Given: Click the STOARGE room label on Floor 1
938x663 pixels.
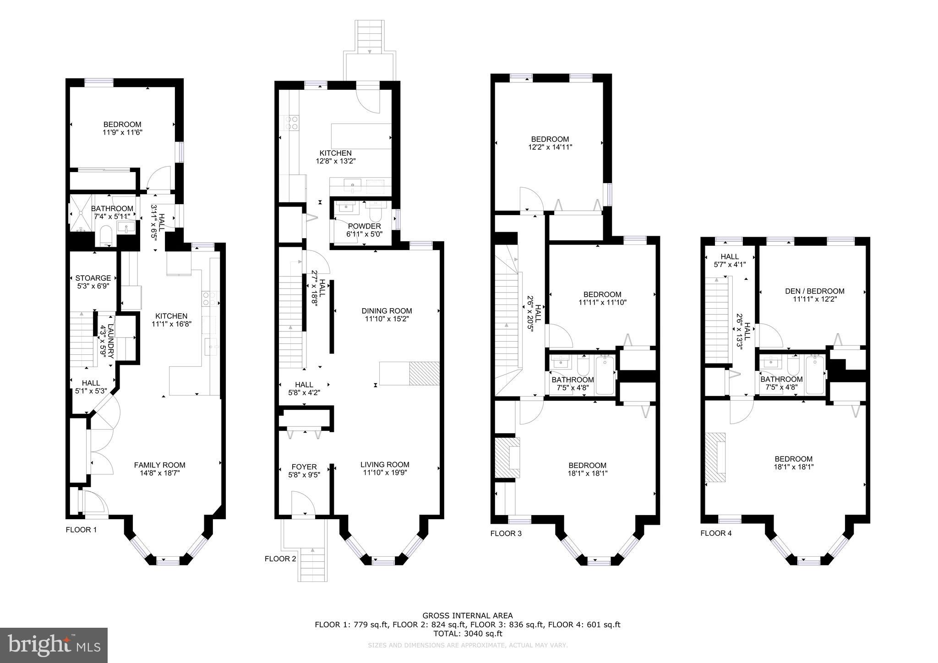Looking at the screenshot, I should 93,278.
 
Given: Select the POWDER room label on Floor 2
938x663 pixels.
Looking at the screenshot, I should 364,226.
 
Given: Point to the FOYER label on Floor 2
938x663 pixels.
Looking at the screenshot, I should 304,467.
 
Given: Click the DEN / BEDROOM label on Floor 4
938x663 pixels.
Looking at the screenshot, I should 814,291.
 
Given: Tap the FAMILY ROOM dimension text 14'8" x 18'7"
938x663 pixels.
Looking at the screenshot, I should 159,473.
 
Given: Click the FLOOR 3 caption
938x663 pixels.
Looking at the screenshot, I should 506,533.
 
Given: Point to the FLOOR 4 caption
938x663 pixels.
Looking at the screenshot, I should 716,533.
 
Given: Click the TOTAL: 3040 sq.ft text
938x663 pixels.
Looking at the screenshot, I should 467,634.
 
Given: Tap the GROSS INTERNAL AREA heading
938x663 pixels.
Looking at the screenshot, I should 467,616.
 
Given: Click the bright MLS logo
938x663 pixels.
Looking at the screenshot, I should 54,645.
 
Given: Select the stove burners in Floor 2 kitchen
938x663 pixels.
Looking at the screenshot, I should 292,123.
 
